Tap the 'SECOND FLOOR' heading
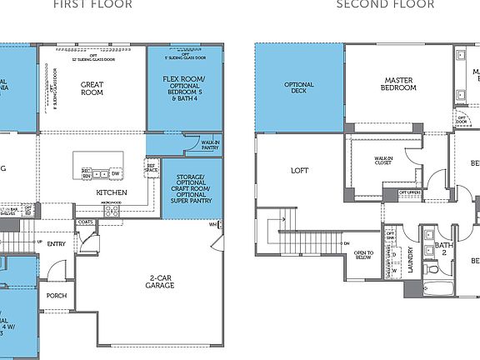click(x=385, y=4)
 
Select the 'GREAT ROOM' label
click(x=92, y=88)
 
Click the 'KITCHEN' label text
click(x=111, y=192)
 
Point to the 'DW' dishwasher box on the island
click(x=115, y=173)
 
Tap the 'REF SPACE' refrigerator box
click(x=152, y=169)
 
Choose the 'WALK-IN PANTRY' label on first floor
click(x=210, y=146)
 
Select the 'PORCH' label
click(x=57, y=296)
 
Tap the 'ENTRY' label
click(x=56, y=244)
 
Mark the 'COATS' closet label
click(x=85, y=222)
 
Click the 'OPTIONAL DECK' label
click(x=299, y=88)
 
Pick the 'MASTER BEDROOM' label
click(x=398, y=83)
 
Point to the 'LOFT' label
click(x=299, y=171)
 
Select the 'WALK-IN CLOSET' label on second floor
click(x=384, y=160)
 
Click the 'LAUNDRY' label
click(x=409, y=259)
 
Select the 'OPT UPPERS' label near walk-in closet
click(x=409, y=192)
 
